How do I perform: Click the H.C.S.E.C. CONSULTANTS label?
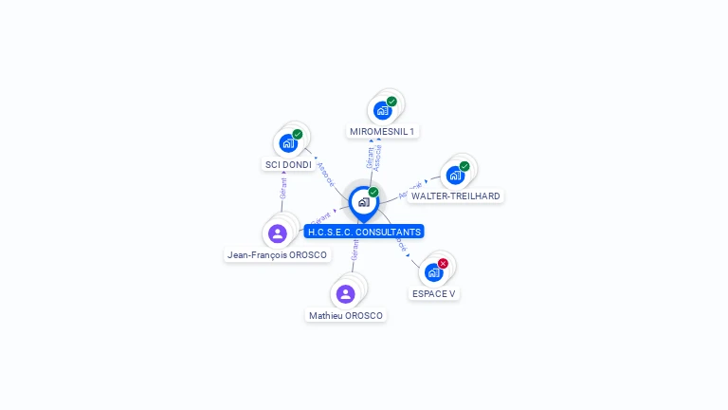coord(364,232)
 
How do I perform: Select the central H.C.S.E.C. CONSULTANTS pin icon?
coord(363,202)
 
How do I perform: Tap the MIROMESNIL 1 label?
coord(382,131)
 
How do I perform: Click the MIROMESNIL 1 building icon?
coord(382,110)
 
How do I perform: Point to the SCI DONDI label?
coord(288,164)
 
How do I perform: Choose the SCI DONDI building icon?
coord(287,144)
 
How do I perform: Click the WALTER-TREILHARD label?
coord(456,196)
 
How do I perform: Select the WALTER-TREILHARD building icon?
coord(455,176)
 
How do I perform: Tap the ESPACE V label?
coord(434,293)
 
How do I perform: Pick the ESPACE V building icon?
coord(433,272)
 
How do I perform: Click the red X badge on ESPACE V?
coord(443,263)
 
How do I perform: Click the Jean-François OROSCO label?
coord(277,254)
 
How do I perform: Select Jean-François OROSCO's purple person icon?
coord(278,233)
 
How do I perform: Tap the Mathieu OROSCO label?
coord(346,315)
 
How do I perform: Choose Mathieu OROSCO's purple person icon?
coord(345,294)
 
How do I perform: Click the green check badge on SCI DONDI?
coord(298,135)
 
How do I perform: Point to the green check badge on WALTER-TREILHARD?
coord(464,166)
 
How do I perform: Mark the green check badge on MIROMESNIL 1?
coord(391,101)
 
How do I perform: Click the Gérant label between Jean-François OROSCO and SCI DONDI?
coord(283,188)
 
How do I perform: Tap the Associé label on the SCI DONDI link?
coord(325,175)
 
